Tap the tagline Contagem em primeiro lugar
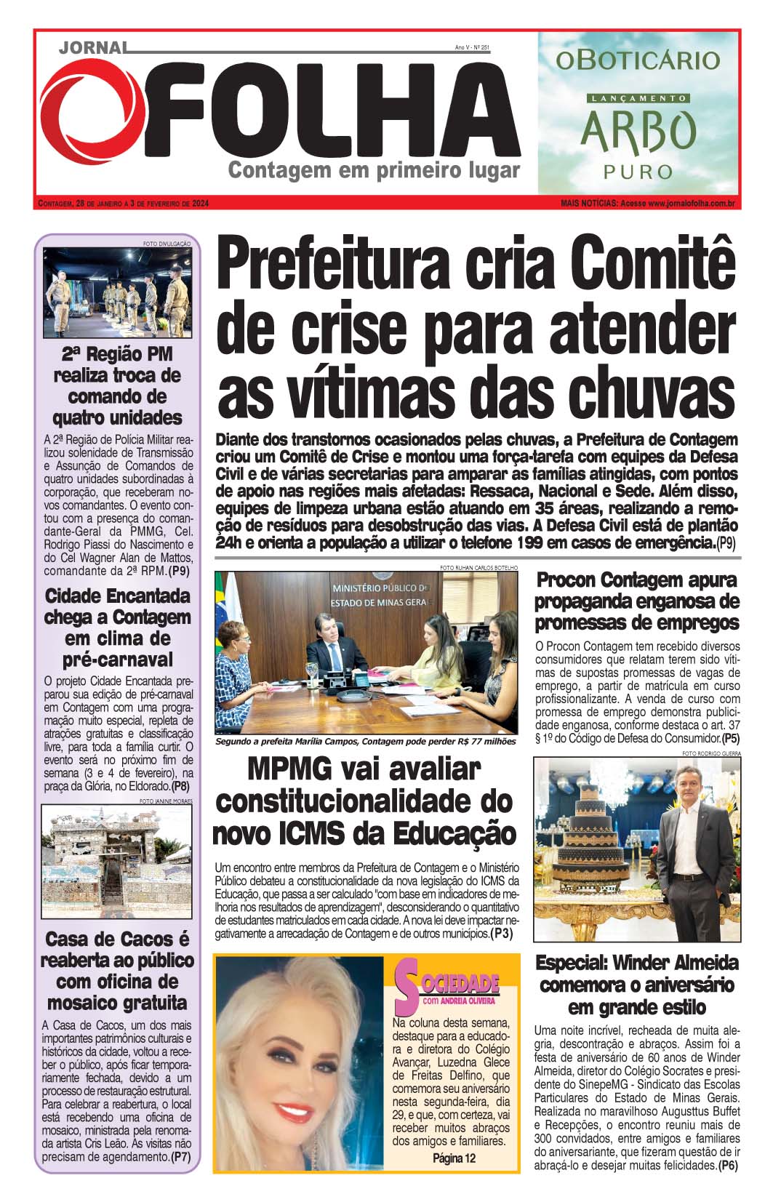(x=375, y=171)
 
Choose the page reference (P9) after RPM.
(x=178, y=571)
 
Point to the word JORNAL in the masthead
(x=92, y=47)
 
